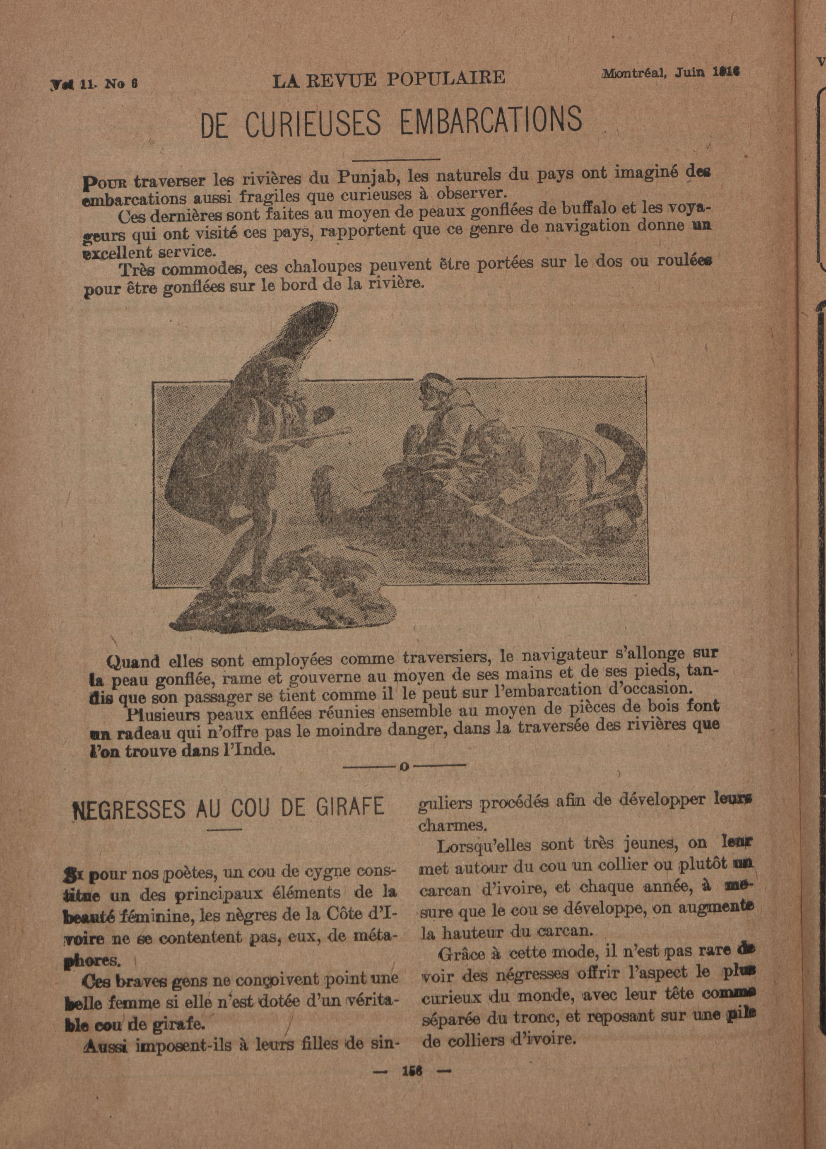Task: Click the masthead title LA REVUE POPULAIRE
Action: pyautogui.click(x=388, y=79)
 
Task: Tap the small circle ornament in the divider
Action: pyautogui.click(x=404, y=767)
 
